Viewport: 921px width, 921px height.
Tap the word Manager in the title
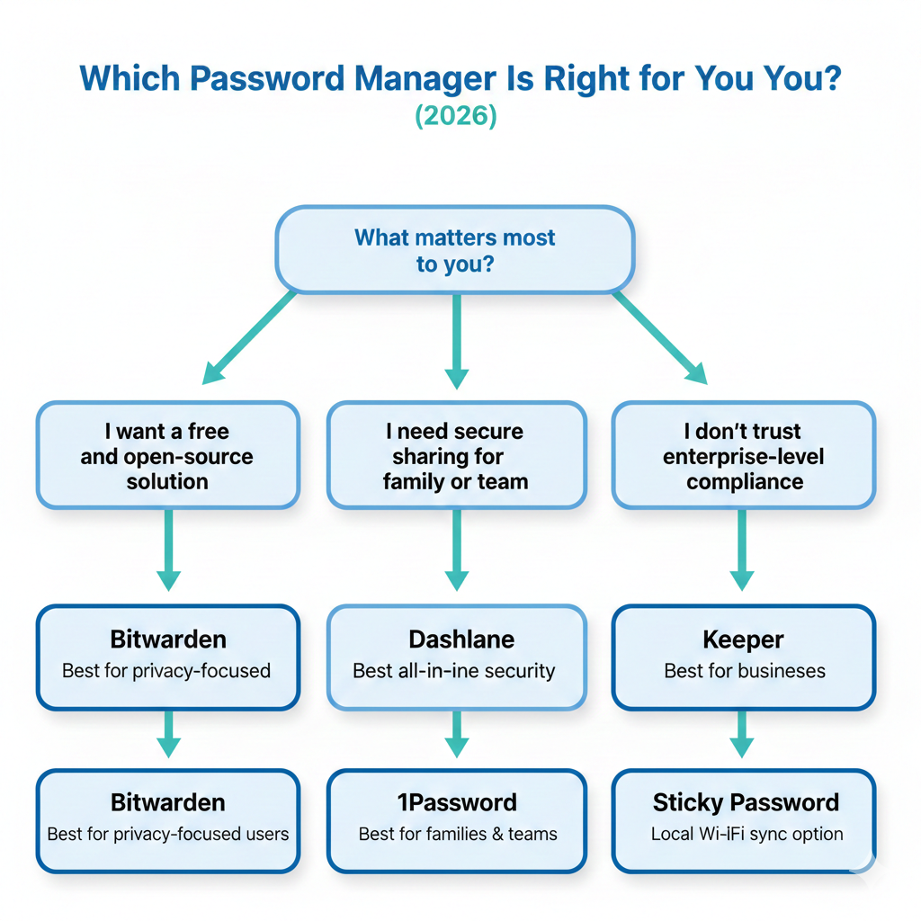(409, 78)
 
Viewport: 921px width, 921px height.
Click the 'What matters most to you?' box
(455, 251)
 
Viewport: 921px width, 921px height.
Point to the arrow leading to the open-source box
(248, 337)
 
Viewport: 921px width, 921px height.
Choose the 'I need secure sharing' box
(456, 456)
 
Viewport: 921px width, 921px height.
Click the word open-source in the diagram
(189, 456)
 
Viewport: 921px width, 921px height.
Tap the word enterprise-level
(743, 456)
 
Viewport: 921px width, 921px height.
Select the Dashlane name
(456, 639)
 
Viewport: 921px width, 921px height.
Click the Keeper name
(743, 639)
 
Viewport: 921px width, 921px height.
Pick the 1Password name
(456, 802)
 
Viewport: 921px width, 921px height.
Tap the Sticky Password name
(746, 802)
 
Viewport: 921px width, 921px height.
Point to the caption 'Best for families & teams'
(457, 834)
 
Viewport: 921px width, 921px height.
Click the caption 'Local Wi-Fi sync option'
(747, 834)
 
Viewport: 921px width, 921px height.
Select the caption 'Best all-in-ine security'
(454, 671)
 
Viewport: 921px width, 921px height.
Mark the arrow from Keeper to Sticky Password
(742, 733)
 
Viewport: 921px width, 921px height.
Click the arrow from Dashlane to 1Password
(457, 733)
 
